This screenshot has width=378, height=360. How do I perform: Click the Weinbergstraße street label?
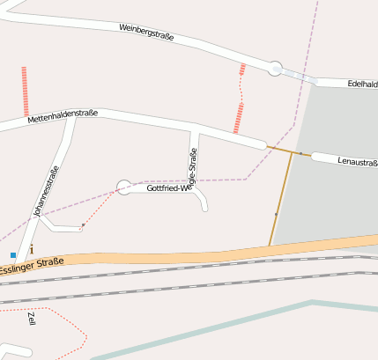[146, 33]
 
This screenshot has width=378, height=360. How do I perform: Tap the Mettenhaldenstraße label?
[62, 116]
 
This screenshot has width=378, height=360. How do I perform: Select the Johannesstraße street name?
[45, 192]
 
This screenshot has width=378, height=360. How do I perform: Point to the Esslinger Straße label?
[32, 265]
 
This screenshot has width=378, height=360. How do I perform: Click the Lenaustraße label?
[357, 162]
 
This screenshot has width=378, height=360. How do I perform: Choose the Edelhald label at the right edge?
[362, 84]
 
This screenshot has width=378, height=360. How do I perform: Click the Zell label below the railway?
[33, 318]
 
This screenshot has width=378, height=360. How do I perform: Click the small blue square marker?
[13, 255]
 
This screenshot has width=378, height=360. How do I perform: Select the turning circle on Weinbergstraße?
[275, 68]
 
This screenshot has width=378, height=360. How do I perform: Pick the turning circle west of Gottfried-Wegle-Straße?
[124, 187]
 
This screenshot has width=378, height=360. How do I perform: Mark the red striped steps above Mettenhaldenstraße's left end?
[25, 91]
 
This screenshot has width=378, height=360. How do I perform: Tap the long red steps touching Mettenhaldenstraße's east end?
[238, 117]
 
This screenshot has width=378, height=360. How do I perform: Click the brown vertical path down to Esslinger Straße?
[281, 198]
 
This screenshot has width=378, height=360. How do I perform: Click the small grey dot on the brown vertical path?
[276, 214]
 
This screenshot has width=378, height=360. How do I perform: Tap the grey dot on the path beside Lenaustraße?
[300, 154]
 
